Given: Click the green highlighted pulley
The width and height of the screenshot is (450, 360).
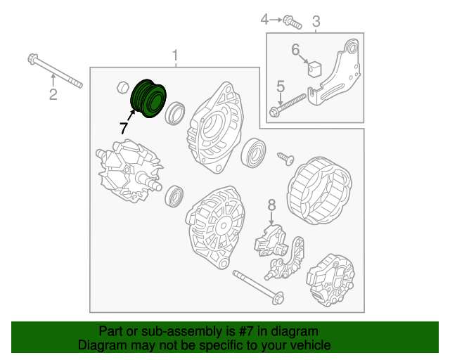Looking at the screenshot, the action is tap(148, 98).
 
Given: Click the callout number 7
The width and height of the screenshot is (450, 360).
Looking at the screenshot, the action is tap(124, 128).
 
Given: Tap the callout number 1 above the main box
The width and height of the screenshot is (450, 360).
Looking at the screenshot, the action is tap(175, 56).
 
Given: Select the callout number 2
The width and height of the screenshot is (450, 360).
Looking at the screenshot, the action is tap(53, 94).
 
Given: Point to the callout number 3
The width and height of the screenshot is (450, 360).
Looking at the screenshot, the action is tap(316, 21).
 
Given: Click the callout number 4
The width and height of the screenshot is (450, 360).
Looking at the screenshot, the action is tap(264, 20).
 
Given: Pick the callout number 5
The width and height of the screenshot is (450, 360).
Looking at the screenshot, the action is tap(281, 86).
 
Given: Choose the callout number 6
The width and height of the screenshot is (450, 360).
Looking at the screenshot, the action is tap(295, 49).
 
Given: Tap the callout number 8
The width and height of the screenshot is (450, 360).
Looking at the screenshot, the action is tap(271, 205).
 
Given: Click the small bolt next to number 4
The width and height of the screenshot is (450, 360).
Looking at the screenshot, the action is tap(292, 22).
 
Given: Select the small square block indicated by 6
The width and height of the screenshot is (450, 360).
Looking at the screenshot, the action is tap(314, 70).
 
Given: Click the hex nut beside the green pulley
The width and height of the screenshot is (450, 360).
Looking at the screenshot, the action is tap(124, 87).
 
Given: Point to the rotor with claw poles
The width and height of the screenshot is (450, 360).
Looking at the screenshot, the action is tap(129, 171).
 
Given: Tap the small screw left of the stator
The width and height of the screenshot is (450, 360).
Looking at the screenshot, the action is tap(285, 159).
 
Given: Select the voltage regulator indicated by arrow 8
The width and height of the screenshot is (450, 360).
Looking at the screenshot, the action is tap(270, 240).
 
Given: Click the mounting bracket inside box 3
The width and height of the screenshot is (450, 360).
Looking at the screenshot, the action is tap(335, 72).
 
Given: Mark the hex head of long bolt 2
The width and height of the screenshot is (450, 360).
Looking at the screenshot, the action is tap(32, 58).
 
